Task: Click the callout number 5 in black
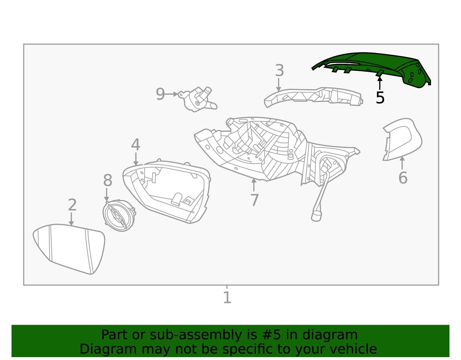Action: [x=380, y=98]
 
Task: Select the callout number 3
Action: [x=279, y=71]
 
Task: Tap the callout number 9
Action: [x=160, y=94]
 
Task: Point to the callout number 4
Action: [x=135, y=145]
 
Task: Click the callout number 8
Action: [x=107, y=181]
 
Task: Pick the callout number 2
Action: [x=72, y=205]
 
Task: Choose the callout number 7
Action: [x=254, y=200]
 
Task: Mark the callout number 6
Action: [x=403, y=178]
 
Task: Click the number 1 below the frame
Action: [x=227, y=297]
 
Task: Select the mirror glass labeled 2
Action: [x=69, y=248]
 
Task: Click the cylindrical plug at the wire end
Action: [x=316, y=216]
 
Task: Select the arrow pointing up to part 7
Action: [x=254, y=184]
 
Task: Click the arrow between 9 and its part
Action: [x=172, y=94]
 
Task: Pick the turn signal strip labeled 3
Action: [x=314, y=97]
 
